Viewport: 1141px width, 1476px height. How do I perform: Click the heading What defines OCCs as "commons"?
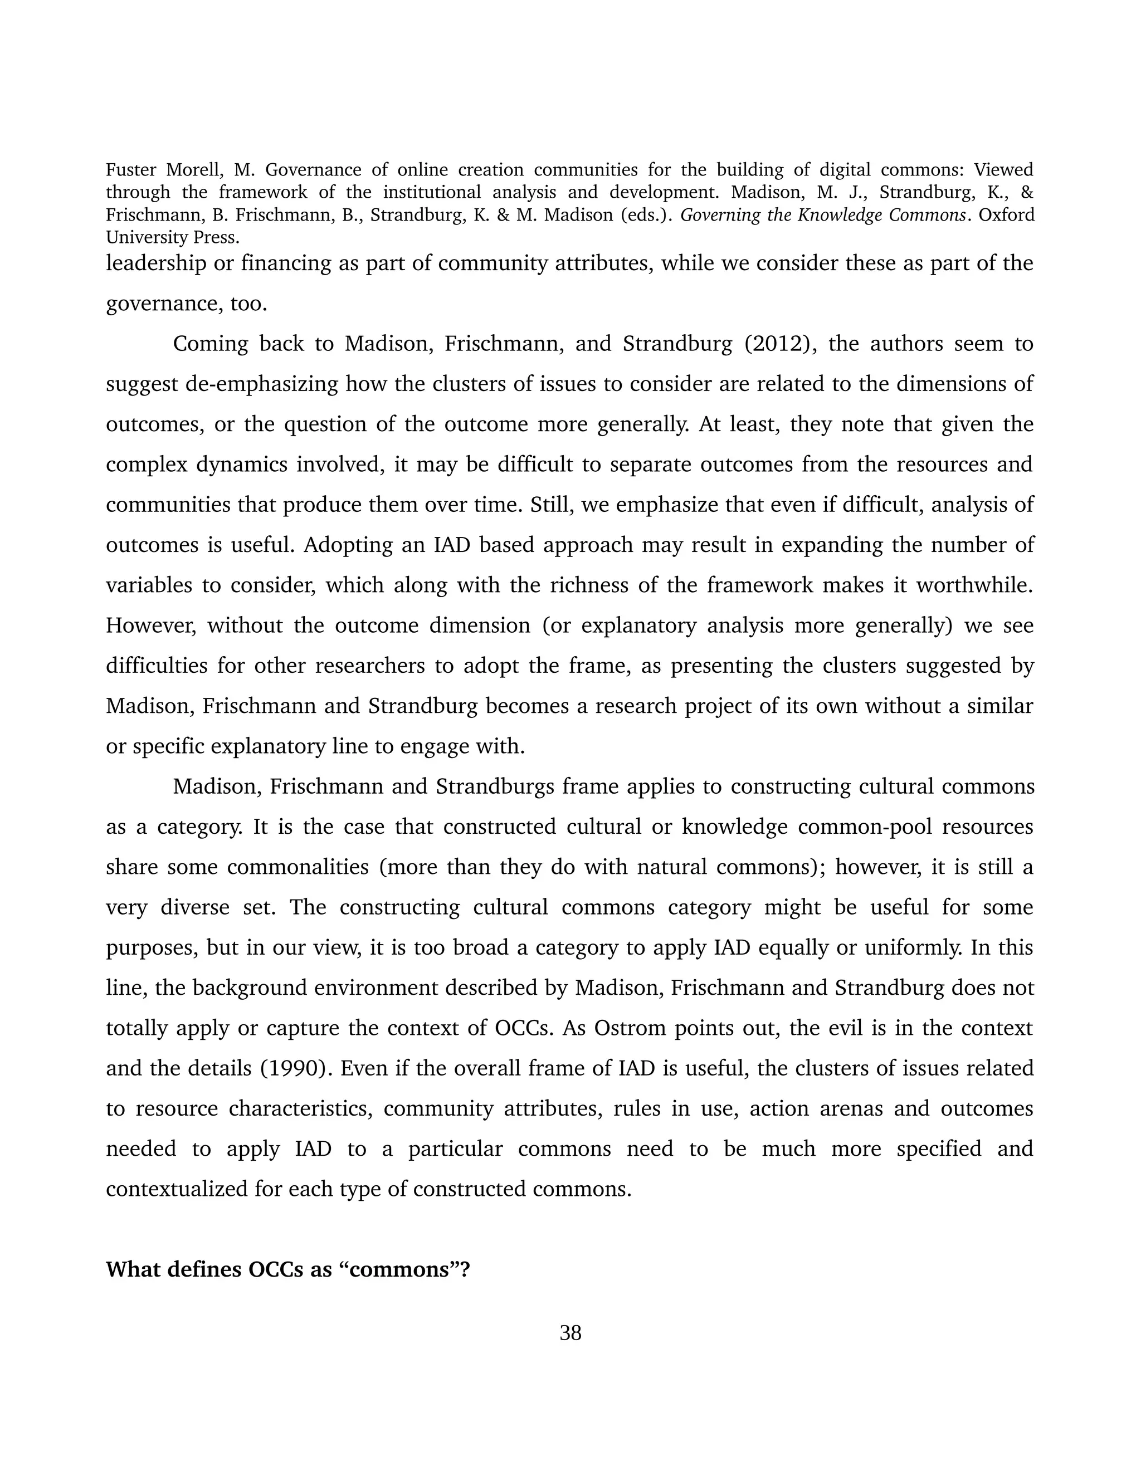click(287, 1269)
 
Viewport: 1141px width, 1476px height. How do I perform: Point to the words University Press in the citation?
click(172, 238)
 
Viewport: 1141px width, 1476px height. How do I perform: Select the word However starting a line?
click(151, 625)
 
